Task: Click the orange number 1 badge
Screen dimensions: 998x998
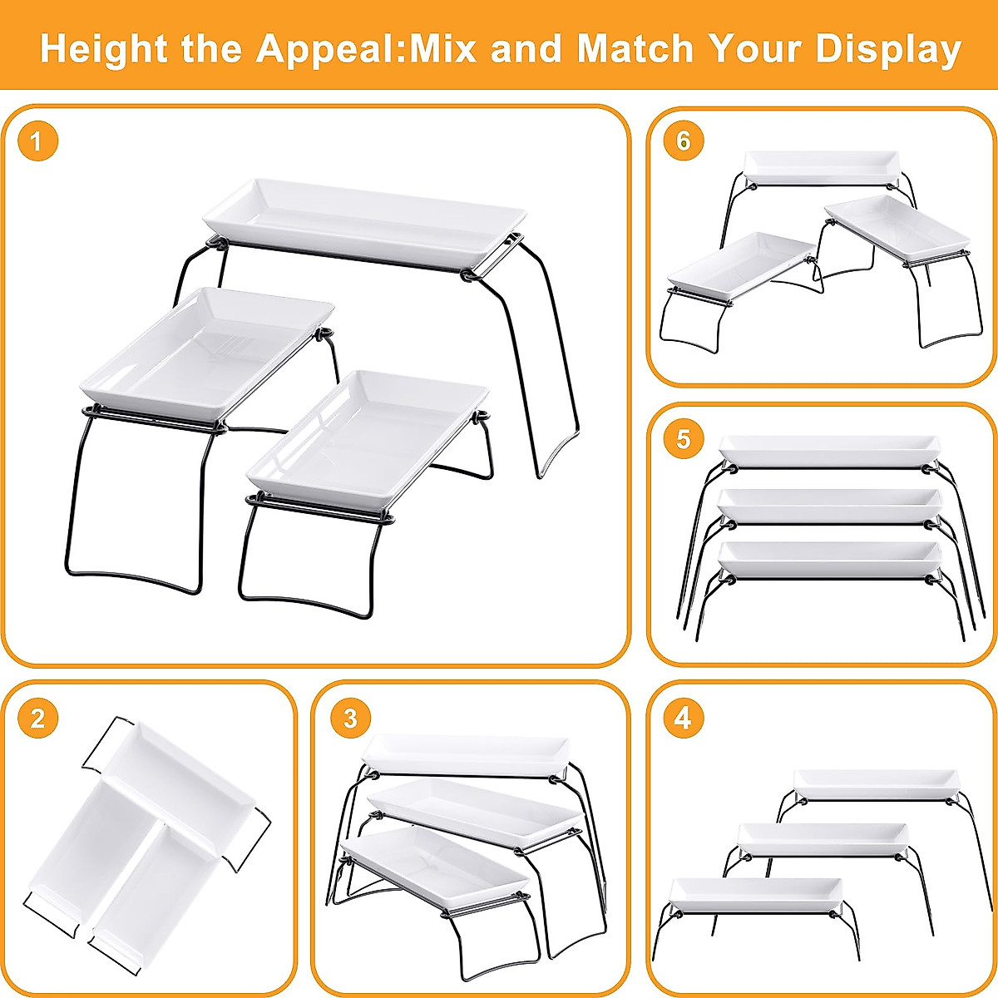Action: [x=37, y=142]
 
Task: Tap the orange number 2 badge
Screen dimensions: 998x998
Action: [x=37, y=718]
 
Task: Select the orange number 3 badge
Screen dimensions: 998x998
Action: [x=350, y=718]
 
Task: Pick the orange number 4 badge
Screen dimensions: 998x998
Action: [x=683, y=718]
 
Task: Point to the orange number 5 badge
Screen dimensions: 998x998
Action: [x=683, y=438]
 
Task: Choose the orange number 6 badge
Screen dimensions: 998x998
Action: [x=683, y=141]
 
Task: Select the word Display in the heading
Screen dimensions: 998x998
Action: [x=887, y=49]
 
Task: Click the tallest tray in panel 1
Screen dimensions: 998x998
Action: [x=366, y=220]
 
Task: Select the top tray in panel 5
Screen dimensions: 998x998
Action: [x=828, y=449]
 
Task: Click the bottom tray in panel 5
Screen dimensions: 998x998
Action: [x=828, y=559]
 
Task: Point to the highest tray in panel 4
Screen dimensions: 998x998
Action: [x=875, y=783]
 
